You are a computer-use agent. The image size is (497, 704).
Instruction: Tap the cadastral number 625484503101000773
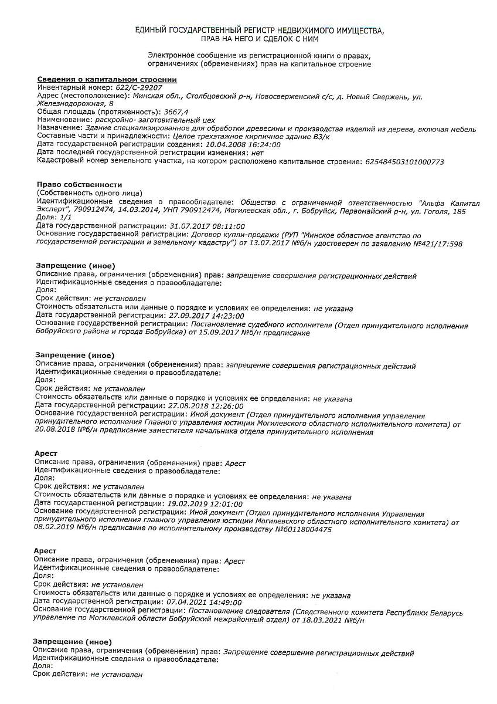coord(404,161)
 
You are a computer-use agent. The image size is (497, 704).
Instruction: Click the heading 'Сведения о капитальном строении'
coord(107,79)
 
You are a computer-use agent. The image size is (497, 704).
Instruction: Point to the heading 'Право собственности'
coord(79,184)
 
